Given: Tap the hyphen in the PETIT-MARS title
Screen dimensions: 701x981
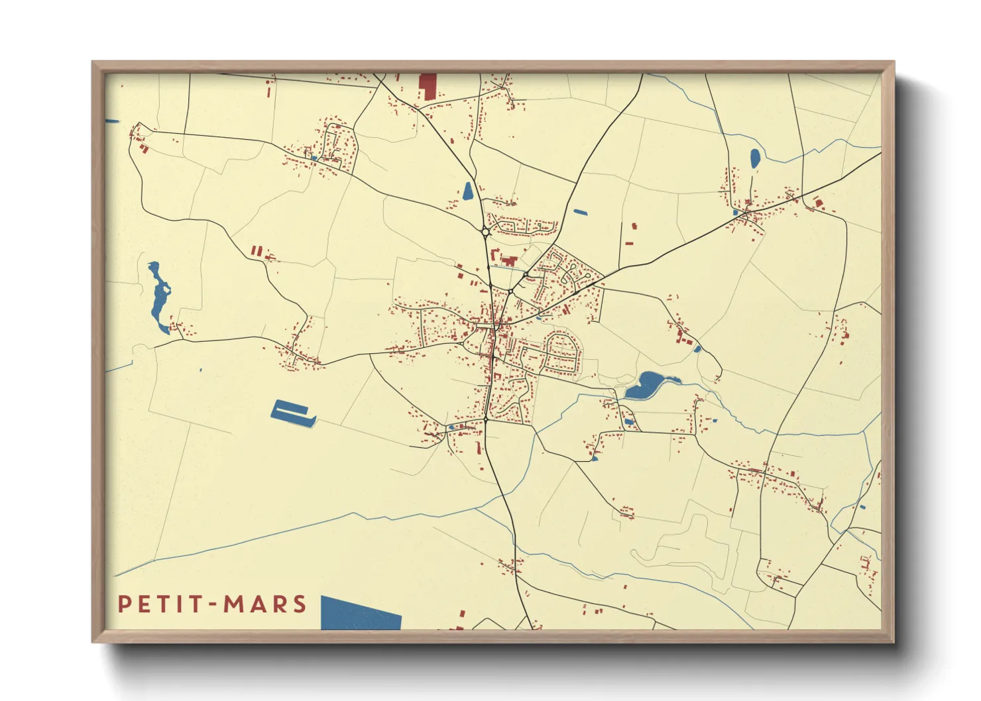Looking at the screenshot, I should (211, 605).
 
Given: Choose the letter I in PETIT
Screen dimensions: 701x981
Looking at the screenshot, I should (179, 604).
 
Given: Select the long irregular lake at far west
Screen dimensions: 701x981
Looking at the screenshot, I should (159, 298).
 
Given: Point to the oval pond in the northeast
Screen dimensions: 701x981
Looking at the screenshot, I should (755, 158).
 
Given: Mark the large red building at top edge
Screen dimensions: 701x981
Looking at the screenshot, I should (428, 87).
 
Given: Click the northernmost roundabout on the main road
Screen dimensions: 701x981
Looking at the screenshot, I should (486, 232).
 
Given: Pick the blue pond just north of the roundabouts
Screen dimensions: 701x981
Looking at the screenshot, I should (468, 191).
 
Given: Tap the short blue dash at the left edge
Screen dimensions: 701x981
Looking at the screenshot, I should (112, 121).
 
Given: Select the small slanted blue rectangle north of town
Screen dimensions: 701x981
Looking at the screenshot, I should (580, 213).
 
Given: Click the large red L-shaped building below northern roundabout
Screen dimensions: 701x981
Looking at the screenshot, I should (509, 260).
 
